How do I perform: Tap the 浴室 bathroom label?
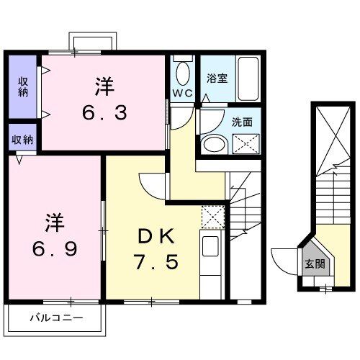217,79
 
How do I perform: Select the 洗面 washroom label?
242,122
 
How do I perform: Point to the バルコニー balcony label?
56,317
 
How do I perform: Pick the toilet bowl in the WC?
181,73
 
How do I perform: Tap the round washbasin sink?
213,144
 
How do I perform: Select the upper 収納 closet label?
22,86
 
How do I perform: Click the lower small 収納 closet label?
22,140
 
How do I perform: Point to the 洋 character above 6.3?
105,86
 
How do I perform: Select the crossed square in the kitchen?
214,216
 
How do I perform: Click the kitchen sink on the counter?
211,246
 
